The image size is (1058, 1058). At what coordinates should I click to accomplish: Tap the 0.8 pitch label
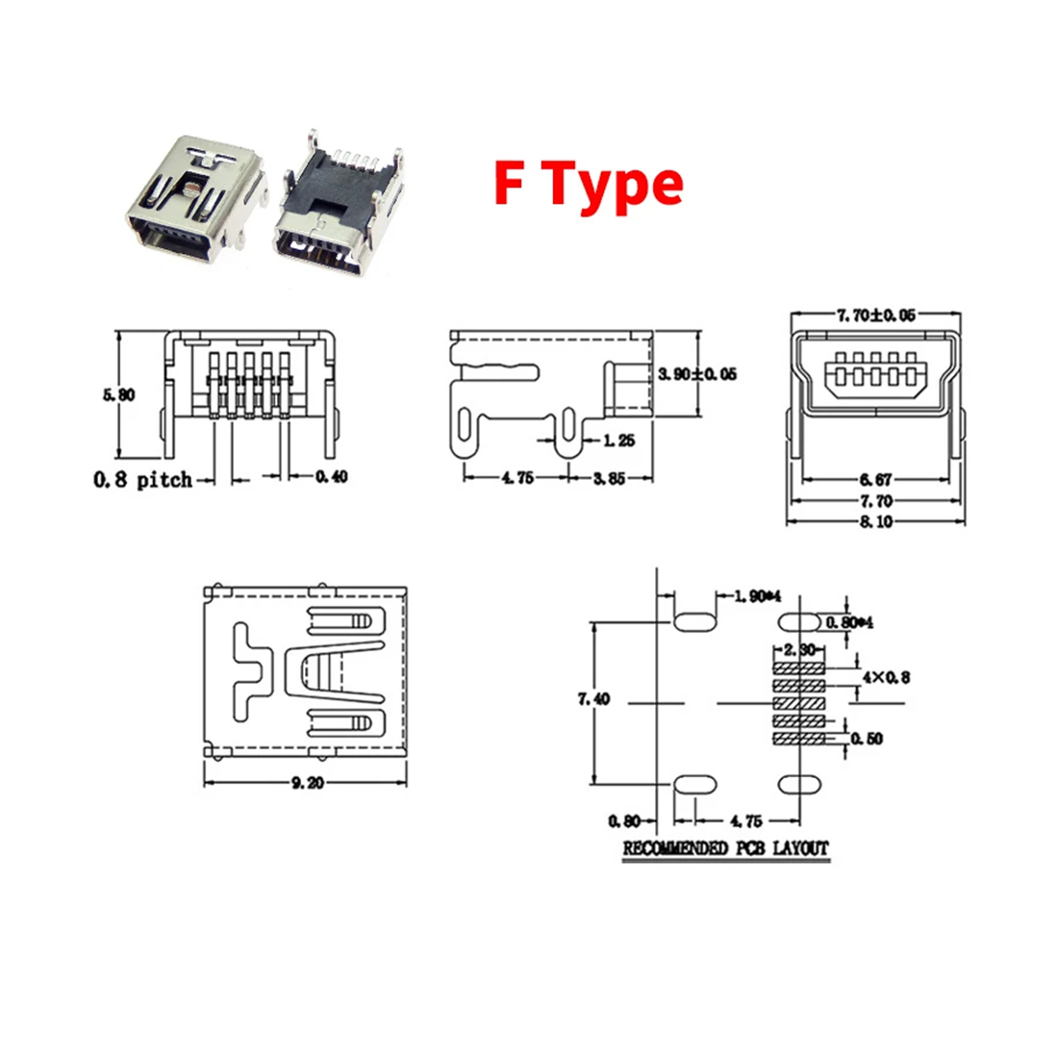click(x=142, y=479)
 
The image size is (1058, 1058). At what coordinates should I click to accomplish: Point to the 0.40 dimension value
click(x=331, y=477)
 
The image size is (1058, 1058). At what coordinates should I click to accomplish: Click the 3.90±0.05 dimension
click(x=697, y=373)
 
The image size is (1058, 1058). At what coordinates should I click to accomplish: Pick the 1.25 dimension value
click(x=619, y=441)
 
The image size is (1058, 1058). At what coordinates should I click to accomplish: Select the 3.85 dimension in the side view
click(x=609, y=478)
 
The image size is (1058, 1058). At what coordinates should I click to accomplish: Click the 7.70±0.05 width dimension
click(x=876, y=315)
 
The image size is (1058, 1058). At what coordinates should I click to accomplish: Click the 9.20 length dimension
click(x=306, y=783)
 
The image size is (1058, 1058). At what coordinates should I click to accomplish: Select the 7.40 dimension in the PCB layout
click(x=593, y=699)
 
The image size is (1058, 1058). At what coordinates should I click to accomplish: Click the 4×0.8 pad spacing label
click(x=886, y=677)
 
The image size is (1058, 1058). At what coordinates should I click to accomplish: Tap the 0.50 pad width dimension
click(x=867, y=739)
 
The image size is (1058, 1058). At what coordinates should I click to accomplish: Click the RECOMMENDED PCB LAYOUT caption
click(x=725, y=848)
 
